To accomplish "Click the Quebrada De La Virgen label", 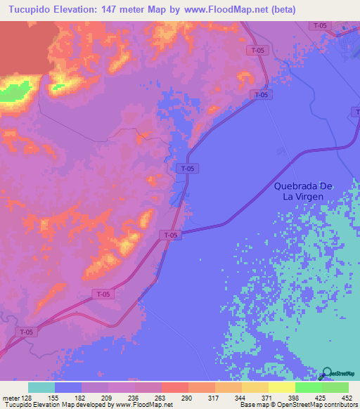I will pos(308,191).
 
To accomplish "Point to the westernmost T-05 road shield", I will pos(27,332).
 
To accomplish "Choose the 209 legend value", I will pos(108,398).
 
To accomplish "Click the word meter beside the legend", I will pos(8,398).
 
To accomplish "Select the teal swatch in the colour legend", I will pos(41,387).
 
